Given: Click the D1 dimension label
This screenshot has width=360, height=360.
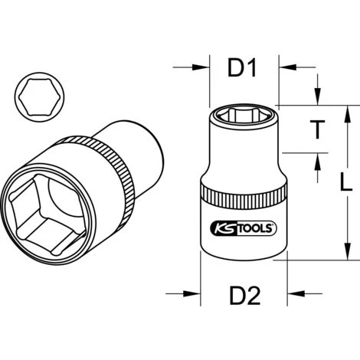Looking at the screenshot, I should [x=242, y=71].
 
